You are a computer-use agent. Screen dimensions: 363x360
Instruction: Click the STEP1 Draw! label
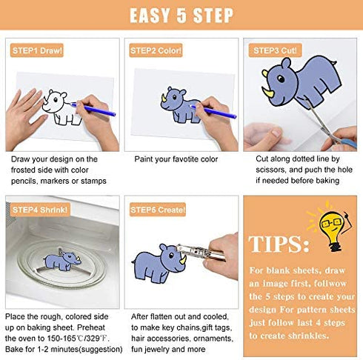tap(37, 50)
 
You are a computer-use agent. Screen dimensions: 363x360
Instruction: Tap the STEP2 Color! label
tap(156, 50)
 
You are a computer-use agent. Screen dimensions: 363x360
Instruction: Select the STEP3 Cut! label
tap(275, 50)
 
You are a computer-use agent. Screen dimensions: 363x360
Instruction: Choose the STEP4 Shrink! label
tap(40, 210)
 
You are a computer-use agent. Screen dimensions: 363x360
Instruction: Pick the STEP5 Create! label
tap(158, 210)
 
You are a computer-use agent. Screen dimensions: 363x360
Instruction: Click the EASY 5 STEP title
tap(181, 16)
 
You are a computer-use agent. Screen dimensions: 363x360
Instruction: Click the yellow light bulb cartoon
tap(332, 228)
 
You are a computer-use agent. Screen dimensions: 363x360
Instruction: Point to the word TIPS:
tap(279, 244)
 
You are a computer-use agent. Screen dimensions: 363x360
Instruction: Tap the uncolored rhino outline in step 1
tap(61, 107)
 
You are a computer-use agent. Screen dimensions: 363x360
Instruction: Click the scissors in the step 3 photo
tap(328, 124)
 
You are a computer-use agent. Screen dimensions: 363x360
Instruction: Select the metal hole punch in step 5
tap(201, 252)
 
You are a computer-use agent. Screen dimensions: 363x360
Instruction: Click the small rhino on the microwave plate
tap(62, 261)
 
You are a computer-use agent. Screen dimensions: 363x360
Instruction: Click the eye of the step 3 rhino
tap(281, 79)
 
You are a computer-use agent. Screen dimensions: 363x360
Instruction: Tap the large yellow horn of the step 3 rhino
tap(268, 92)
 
